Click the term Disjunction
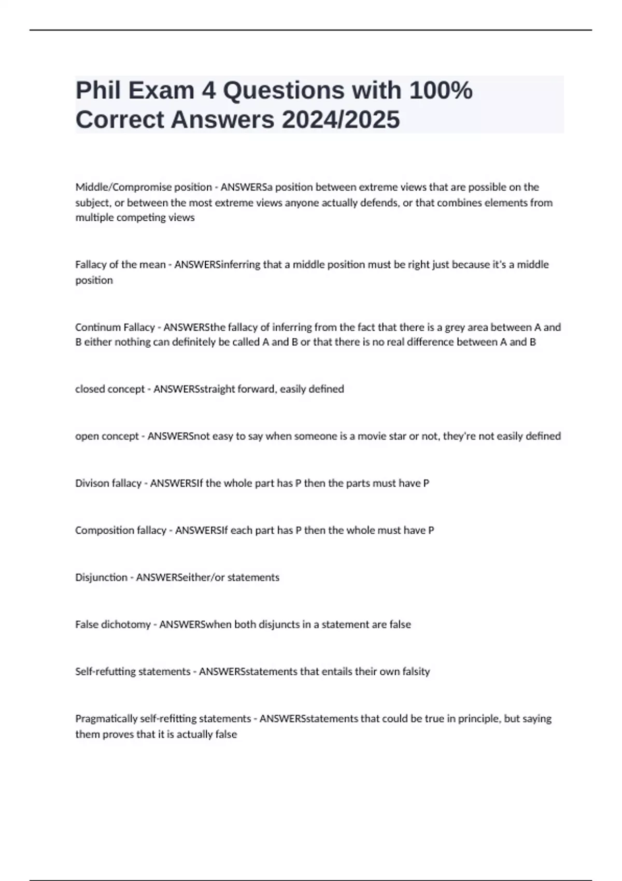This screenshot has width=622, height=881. pyautogui.click(x=101, y=577)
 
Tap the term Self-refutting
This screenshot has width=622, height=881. pyautogui.click(x=106, y=672)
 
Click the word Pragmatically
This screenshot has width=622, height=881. pyautogui.click(x=107, y=719)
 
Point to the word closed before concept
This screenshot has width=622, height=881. pyautogui.click(x=90, y=389)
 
